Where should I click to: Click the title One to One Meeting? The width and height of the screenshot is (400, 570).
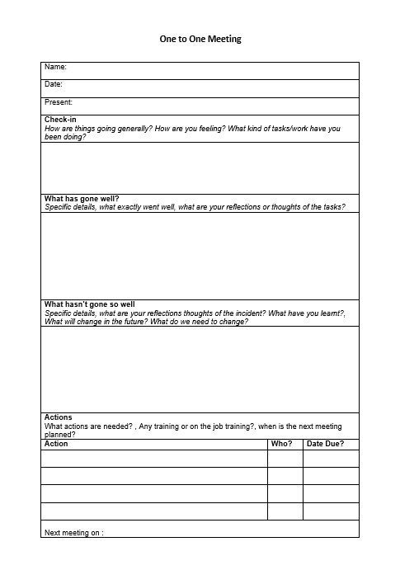pyautogui.click(x=200, y=39)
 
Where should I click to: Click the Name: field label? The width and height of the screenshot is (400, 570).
pyautogui.click(x=55, y=67)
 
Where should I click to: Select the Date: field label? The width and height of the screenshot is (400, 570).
pyautogui.click(x=54, y=84)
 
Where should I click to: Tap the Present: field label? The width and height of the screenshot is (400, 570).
pyautogui.click(x=59, y=102)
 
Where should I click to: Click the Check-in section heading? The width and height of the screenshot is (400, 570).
pyautogui.click(x=60, y=120)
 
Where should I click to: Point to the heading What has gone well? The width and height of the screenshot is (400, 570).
pyautogui.click(x=82, y=198)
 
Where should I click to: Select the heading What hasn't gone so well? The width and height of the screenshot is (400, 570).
pyautogui.click(x=89, y=304)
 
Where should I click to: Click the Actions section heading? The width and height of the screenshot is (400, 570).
pyautogui.click(x=59, y=417)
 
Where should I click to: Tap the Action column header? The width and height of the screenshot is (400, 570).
pyautogui.click(x=56, y=444)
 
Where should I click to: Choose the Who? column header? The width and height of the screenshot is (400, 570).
pyautogui.click(x=281, y=444)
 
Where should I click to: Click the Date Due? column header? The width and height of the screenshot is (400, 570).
pyautogui.click(x=325, y=444)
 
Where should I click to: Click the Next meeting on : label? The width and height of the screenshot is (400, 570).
pyautogui.click(x=73, y=533)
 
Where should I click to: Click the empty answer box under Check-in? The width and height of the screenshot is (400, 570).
pyautogui.click(x=200, y=167)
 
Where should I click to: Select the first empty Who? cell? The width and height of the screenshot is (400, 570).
pyautogui.click(x=285, y=459)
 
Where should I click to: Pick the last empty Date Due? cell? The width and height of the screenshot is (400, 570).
pyautogui.click(x=331, y=511)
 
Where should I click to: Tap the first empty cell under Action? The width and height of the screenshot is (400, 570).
pyautogui.click(x=154, y=459)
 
